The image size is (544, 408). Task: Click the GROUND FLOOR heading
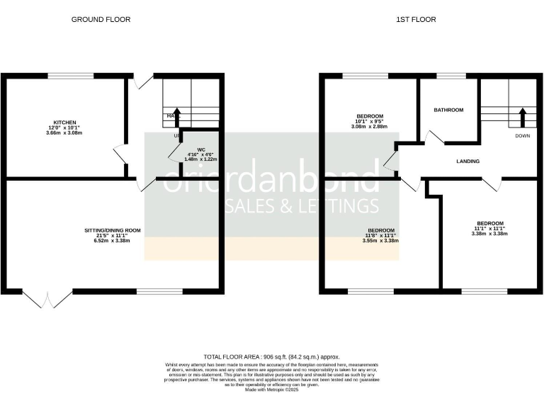coord(101,20)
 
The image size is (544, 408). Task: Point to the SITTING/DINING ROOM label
coord(113,230)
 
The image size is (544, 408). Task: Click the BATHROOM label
coord(448,110)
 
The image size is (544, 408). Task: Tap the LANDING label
coord(467,161)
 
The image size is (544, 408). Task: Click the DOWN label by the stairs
coord(523,135)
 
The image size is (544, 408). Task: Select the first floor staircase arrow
coord(523,115)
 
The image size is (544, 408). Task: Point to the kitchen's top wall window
coord(69,76)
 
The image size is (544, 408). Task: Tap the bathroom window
coord(449,76)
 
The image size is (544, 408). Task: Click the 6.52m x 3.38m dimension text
coord(113,241)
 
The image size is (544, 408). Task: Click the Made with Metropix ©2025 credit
coord(272,390)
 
